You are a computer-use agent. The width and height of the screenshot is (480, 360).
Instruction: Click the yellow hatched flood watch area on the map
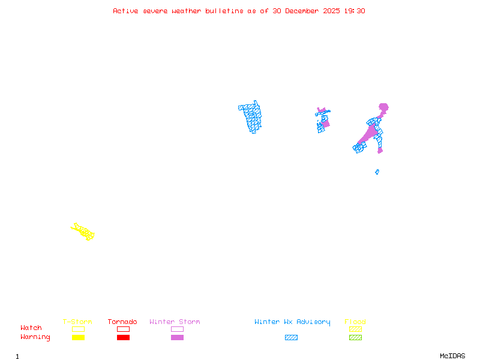[83, 231]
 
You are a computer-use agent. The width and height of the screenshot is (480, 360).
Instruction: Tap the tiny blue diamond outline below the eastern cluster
[377, 172]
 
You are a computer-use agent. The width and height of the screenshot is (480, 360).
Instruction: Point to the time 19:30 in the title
[353, 11]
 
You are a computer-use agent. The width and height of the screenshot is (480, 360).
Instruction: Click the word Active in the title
[127, 11]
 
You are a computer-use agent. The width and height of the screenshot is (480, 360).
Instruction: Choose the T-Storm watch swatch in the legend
[78, 329]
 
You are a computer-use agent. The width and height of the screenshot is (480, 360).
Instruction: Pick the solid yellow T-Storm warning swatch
[78, 337]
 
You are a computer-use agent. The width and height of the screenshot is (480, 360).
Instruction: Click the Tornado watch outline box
[123, 329]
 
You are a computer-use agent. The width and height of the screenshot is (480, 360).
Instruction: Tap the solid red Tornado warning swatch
[123, 337]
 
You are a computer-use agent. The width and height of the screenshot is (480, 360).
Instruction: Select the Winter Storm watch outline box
[177, 329]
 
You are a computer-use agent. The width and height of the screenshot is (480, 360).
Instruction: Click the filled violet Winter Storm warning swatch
[177, 337]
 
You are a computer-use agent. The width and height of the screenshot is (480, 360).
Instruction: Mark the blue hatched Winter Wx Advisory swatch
[291, 337]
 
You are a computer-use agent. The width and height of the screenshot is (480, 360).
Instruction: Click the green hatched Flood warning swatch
[355, 337]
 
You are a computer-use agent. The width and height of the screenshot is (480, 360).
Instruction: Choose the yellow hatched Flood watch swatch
[355, 329]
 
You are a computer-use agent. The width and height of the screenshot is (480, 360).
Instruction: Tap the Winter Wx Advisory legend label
[292, 322]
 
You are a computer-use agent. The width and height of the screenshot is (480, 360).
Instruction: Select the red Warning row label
[35, 337]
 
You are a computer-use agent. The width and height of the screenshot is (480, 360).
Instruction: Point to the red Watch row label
[31, 328]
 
